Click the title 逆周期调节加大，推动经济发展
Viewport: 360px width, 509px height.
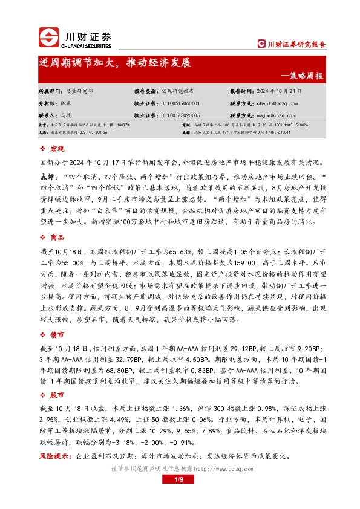[x=114, y=63]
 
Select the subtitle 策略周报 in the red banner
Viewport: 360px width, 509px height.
[x=306, y=77]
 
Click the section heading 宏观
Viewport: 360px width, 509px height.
[x=57, y=149]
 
